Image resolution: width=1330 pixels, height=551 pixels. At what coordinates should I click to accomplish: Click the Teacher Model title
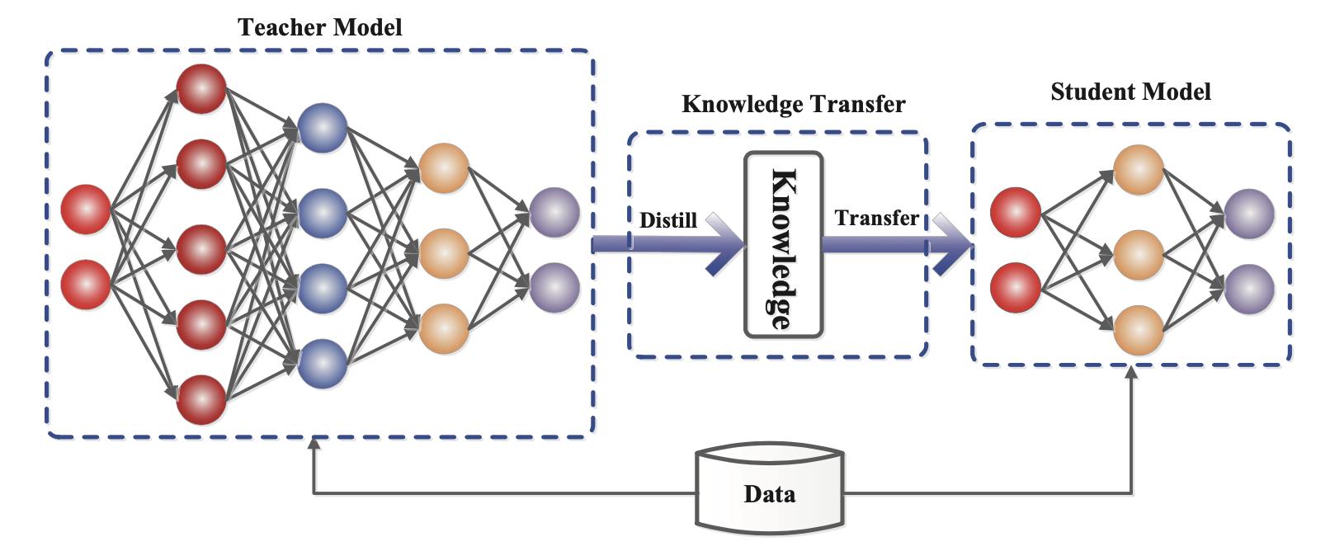click(x=320, y=27)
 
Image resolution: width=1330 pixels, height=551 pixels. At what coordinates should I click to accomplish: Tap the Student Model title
click(x=1130, y=92)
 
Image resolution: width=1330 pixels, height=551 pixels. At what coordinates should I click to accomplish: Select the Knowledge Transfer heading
click(x=793, y=104)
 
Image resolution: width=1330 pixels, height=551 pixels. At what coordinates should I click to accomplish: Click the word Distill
click(x=668, y=220)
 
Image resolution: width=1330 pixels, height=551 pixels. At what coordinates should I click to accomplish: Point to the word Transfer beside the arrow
click(x=876, y=218)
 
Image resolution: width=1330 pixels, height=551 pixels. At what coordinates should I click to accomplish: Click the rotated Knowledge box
click(x=783, y=245)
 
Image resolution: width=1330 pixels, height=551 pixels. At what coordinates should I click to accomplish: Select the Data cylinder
click(x=769, y=492)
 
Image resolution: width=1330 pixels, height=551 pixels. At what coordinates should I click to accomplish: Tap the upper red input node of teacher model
click(x=86, y=210)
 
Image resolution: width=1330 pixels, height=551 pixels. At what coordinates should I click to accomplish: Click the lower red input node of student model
click(x=1015, y=288)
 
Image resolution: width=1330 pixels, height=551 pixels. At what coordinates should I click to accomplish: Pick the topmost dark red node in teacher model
click(x=201, y=89)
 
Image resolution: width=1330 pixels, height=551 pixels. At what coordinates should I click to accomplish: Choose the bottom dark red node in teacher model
click(x=201, y=400)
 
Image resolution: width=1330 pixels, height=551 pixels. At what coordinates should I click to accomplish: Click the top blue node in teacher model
click(x=323, y=128)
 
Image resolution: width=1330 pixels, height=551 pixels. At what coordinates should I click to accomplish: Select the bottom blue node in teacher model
click(x=323, y=364)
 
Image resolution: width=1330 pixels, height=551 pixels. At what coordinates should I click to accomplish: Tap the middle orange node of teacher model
click(x=444, y=253)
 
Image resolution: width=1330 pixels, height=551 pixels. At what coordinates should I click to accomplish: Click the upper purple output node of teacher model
click(x=554, y=213)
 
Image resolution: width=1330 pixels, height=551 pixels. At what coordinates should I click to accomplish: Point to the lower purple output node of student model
click(x=1249, y=290)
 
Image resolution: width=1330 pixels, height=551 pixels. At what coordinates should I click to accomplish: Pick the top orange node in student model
click(x=1139, y=170)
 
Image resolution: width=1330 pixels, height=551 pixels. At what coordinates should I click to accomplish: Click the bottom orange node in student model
click(x=1139, y=330)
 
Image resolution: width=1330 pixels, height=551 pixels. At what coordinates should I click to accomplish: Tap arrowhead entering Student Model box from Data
click(x=1131, y=373)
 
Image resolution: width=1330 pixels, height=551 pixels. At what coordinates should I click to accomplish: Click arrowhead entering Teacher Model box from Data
click(x=314, y=445)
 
